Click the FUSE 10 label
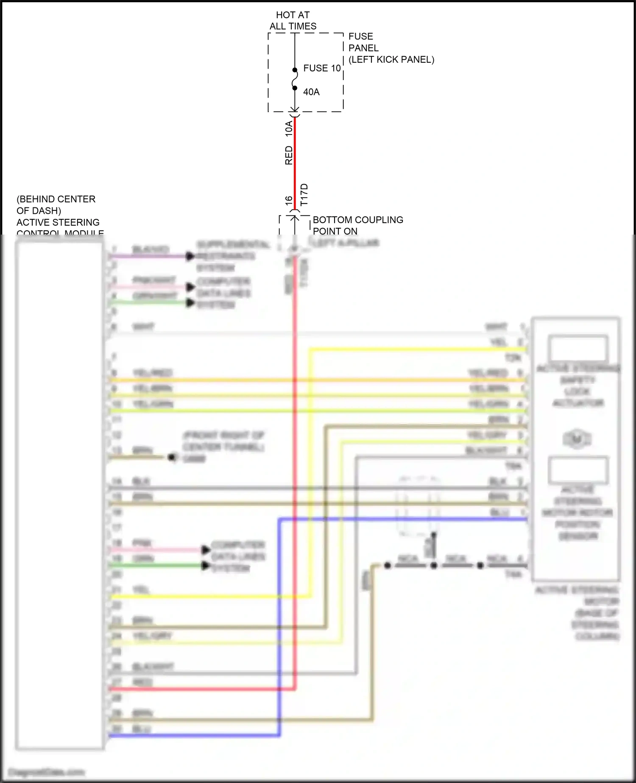322,68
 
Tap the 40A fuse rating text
311,92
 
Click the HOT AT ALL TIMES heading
293,21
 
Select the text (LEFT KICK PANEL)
391,60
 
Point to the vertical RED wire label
289,155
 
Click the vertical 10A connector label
289,129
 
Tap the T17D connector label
304,195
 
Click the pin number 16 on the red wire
289,201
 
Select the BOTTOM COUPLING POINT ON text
357,225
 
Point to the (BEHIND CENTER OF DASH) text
56,205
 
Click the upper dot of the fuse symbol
295,70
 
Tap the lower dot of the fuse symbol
295,88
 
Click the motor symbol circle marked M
577,439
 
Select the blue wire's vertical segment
279,628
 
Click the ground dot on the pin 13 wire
172,457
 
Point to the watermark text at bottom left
46,772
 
